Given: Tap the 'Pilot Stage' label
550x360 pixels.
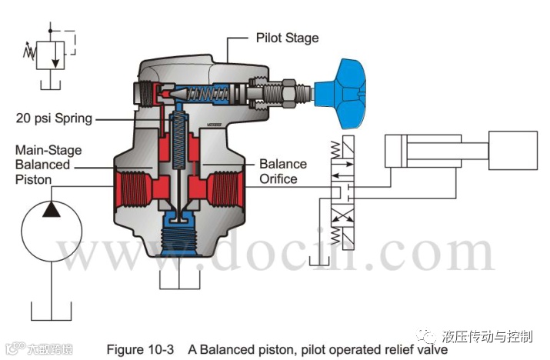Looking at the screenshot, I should tap(286, 37).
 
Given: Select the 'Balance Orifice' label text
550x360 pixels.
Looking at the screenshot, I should tap(282, 172).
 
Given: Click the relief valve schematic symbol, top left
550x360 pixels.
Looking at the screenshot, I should tap(51, 55).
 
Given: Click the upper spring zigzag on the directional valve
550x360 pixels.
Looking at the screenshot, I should tap(339, 146).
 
